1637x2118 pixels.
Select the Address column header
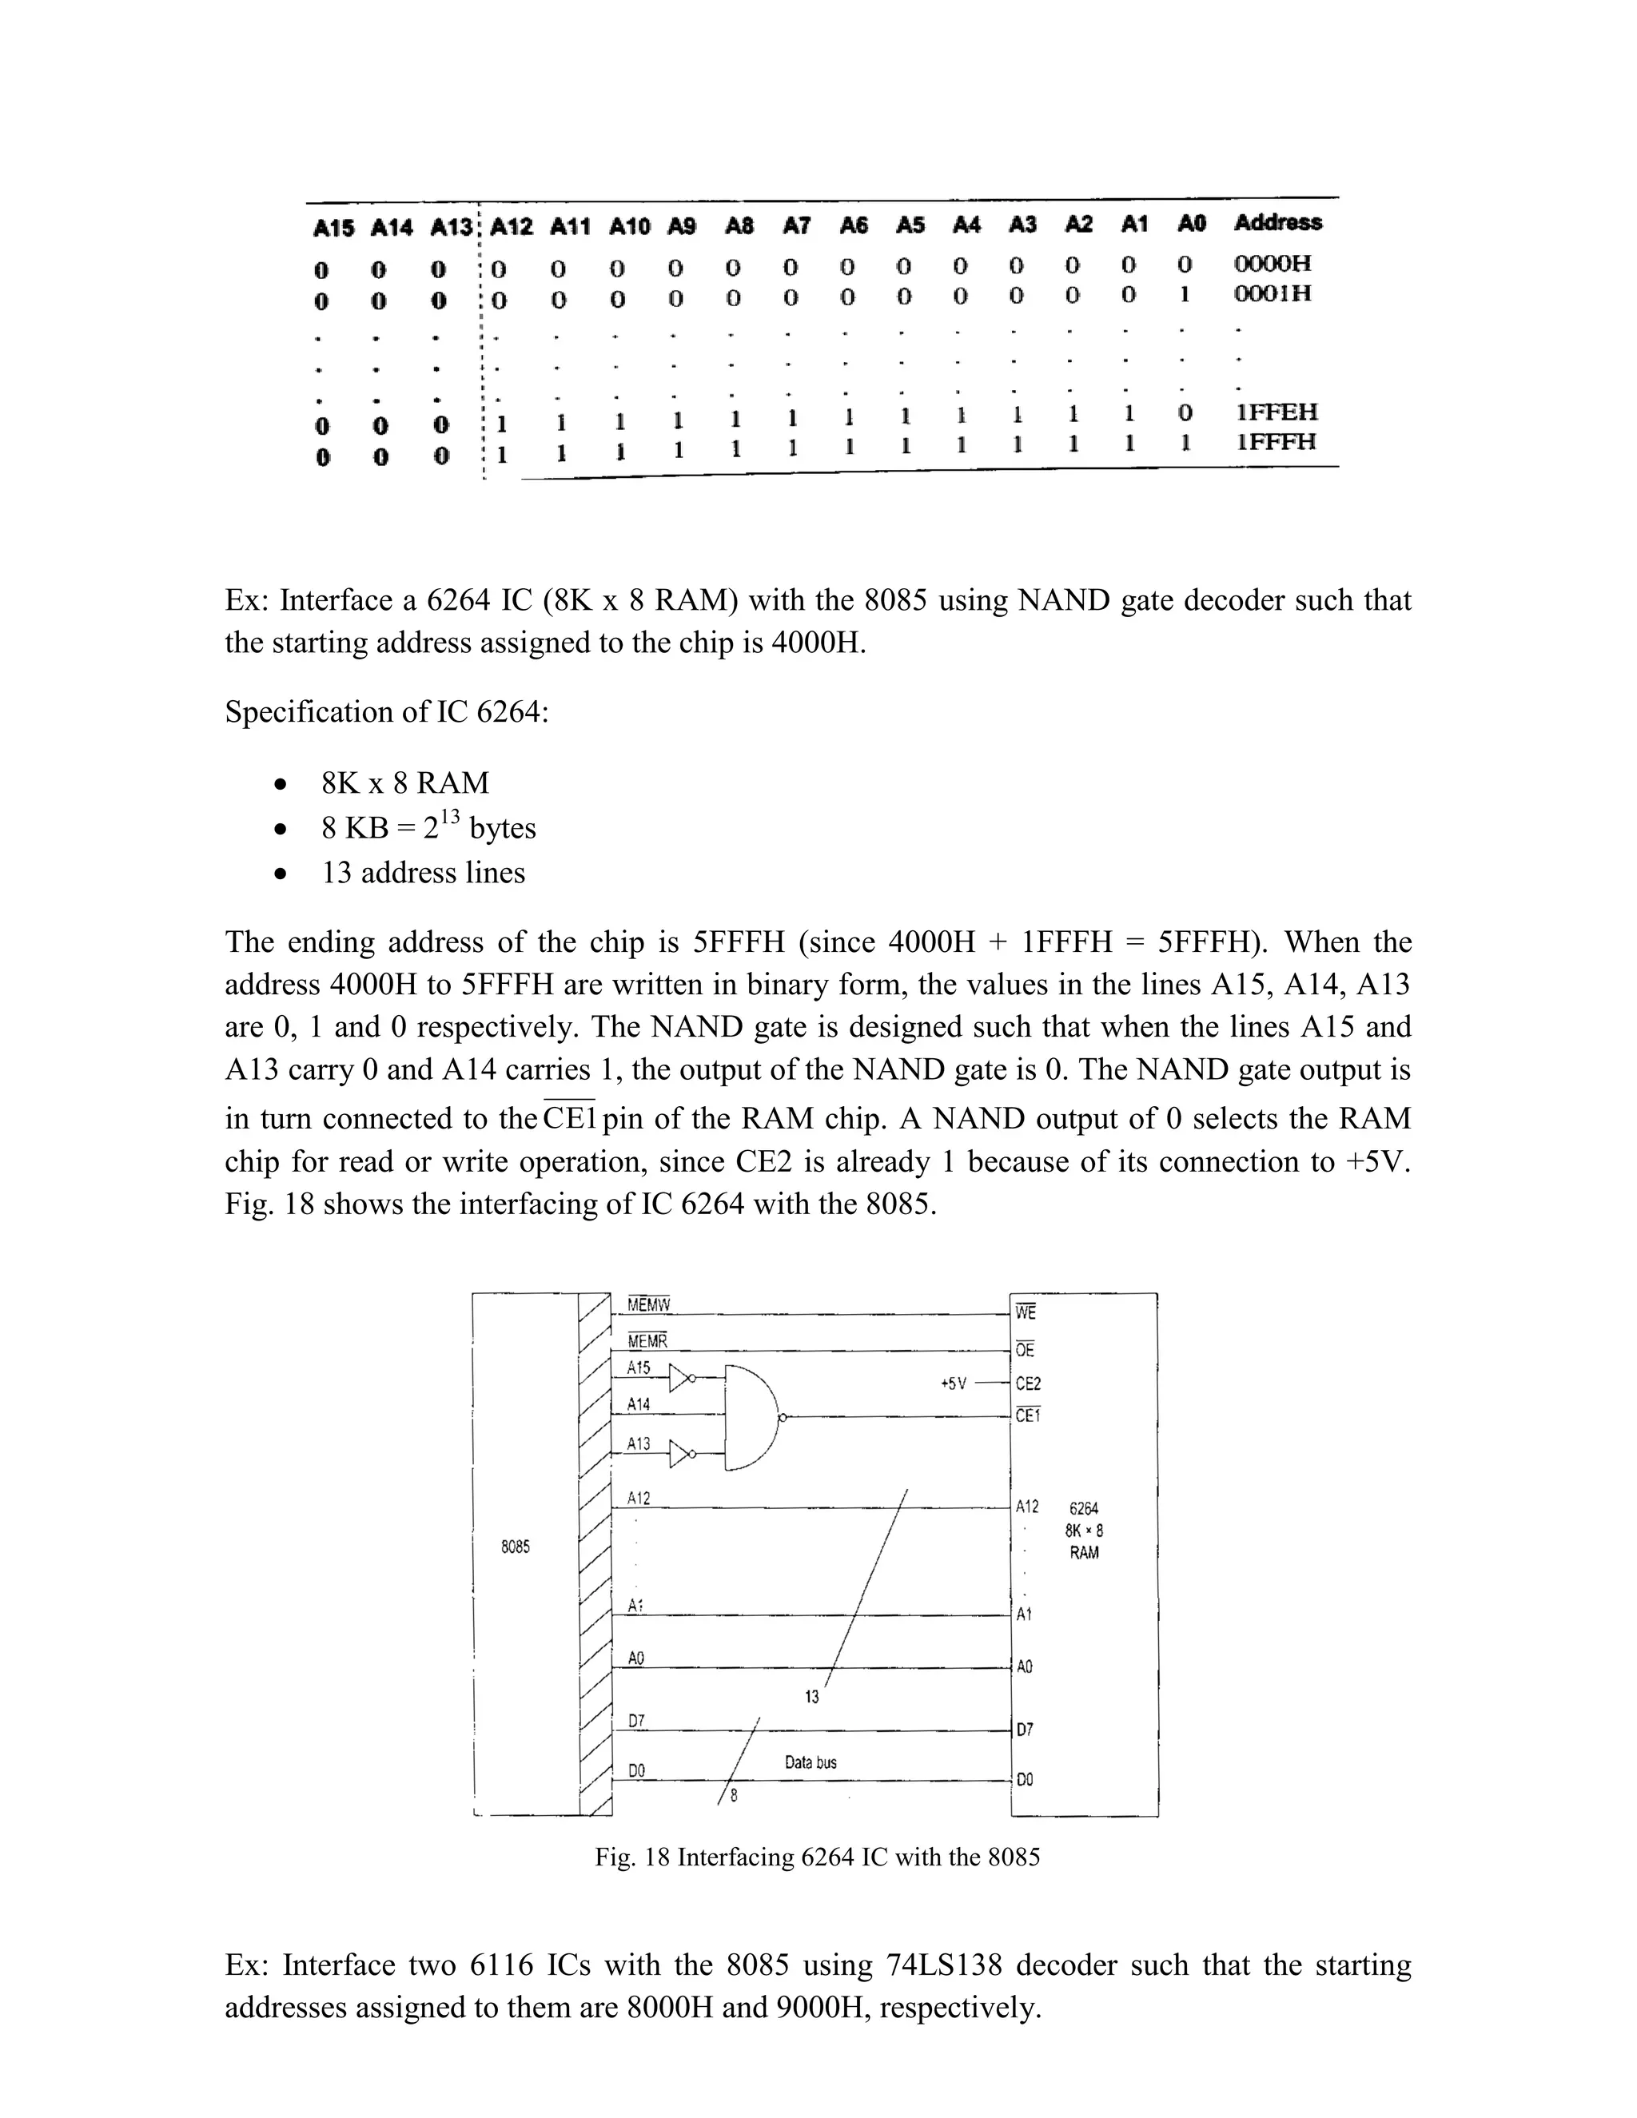click(x=1277, y=223)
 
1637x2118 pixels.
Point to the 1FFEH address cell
click(x=1277, y=412)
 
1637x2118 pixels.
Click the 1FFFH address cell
click(x=1277, y=442)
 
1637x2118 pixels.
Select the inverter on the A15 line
click(x=683, y=1377)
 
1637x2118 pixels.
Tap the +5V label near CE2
click(x=954, y=1383)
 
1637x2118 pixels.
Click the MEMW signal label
click(x=649, y=1305)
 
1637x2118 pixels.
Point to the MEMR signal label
click(x=647, y=1342)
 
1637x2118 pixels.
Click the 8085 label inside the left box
click(x=515, y=1547)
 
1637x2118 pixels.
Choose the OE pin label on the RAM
click(x=1025, y=1350)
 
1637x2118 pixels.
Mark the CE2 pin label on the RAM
click(x=1028, y=1385)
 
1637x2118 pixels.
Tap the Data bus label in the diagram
click(x=811, y=1762)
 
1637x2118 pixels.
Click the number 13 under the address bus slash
click(x=812, y=1696)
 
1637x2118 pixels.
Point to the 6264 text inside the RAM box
click(x=1083, y=1509)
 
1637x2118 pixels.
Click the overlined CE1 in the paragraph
click(x=569, y=1118)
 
